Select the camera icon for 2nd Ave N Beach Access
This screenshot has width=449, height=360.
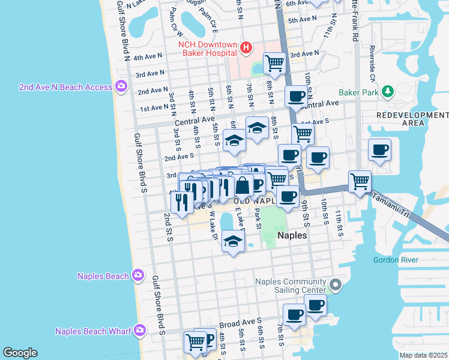click(x=121, y=87)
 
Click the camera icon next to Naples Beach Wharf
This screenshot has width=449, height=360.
click(x=139, y=331)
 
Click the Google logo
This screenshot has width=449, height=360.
click(x=20, y=353)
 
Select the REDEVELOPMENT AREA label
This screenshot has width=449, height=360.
click(x=412, y=119)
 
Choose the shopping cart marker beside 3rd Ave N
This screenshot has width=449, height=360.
click(x=274, y=62)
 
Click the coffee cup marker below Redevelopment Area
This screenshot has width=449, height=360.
click(x=379, y=149)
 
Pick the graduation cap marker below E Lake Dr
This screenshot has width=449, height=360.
click(x=233, y=241)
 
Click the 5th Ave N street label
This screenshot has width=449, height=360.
click(x=302, y=20)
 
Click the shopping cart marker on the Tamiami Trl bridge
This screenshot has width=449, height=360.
click(x=359, y=181)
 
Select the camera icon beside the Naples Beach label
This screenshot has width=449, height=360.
click(x=138, y=275)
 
